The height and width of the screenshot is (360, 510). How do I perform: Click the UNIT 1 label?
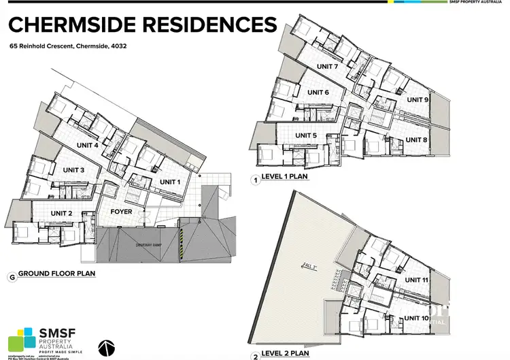(x=170, y=182)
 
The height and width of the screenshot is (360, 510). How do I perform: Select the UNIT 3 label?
(x=73, y=169)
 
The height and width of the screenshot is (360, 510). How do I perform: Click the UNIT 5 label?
(x=305, y=135)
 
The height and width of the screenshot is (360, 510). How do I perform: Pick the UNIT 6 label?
(x=318, y=93)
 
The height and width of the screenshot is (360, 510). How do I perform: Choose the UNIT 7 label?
(x=327, y=67)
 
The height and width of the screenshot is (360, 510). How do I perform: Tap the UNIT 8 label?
(x=416, y=140)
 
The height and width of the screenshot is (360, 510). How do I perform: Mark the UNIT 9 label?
(x=418, y=100)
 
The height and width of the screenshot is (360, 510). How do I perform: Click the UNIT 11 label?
(x=415, y=280)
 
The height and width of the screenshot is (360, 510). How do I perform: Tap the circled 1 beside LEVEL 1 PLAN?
(x=256, y=181)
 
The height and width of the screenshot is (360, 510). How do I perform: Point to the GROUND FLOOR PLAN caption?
(x=56, y=274)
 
